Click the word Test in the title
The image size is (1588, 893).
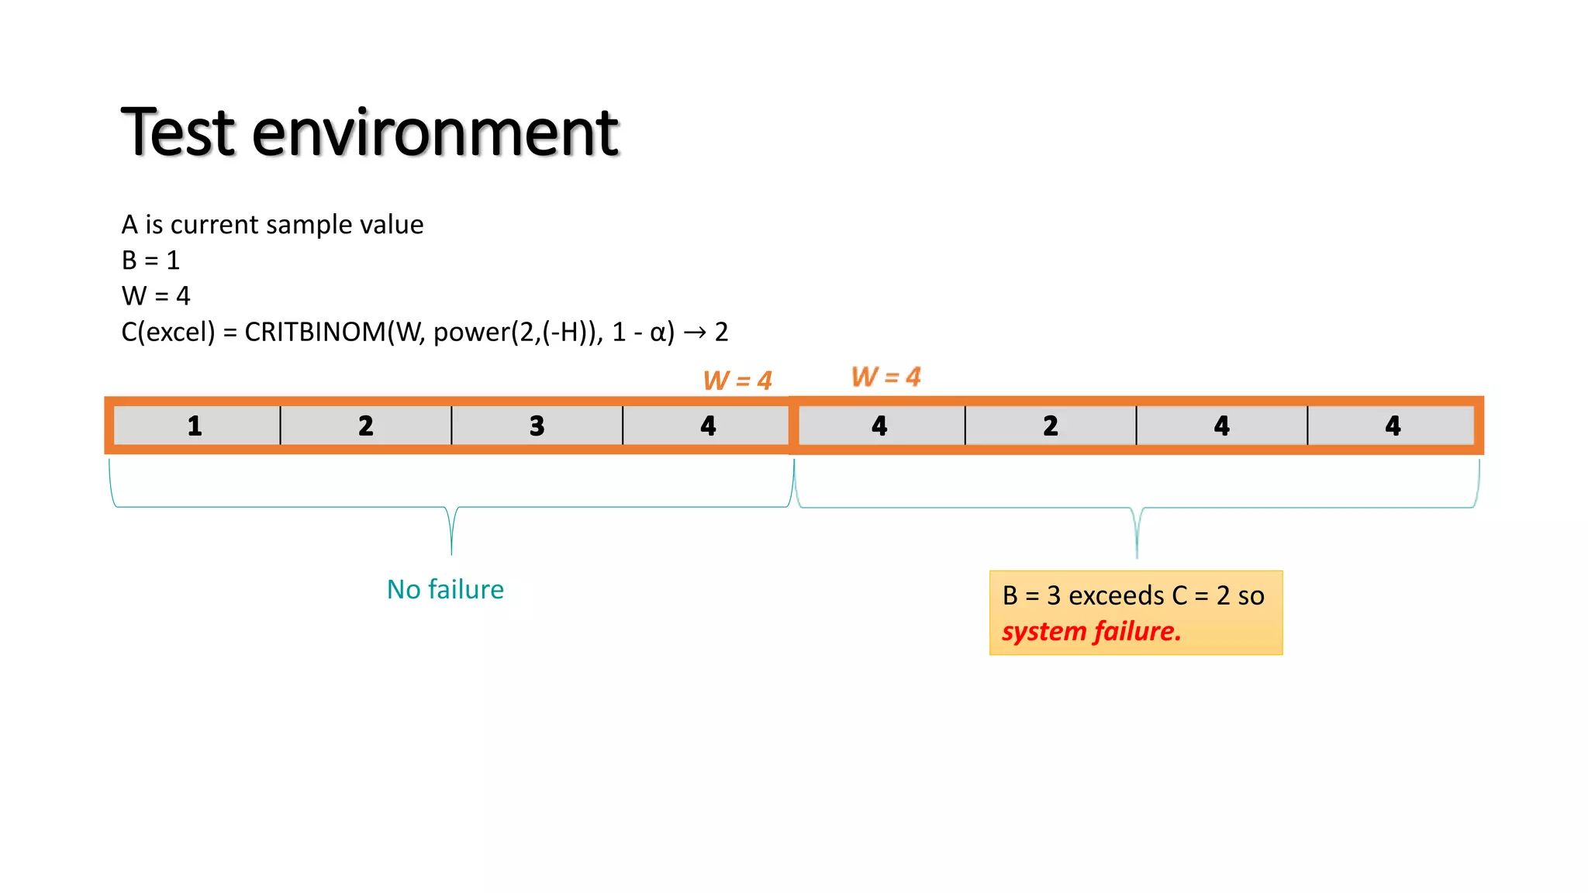point(178,133)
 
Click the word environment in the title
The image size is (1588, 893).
point(435,133)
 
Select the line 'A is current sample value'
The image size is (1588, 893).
point(272,225)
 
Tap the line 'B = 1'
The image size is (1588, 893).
point(150,260)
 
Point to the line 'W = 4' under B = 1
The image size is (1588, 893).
point(155,296)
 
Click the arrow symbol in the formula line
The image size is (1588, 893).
point(695,333)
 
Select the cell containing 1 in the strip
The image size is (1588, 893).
point(195,426)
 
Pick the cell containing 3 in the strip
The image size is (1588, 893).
point(537,426)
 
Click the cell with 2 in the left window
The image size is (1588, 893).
point(366,426)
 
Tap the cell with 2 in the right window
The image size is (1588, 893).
point(1051,426)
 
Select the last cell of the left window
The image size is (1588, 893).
point(708,426)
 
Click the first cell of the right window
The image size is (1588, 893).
point(879,426)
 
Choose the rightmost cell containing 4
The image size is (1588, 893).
point(1393,426)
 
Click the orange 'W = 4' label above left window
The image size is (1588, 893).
point(737,381)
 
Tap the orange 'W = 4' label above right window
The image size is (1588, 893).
point(886,377)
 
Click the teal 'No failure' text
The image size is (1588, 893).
point(445,590)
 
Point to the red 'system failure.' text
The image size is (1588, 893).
point(1091,632)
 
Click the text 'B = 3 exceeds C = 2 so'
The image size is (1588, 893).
point(1133,595)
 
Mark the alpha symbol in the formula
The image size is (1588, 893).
point(658,333)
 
